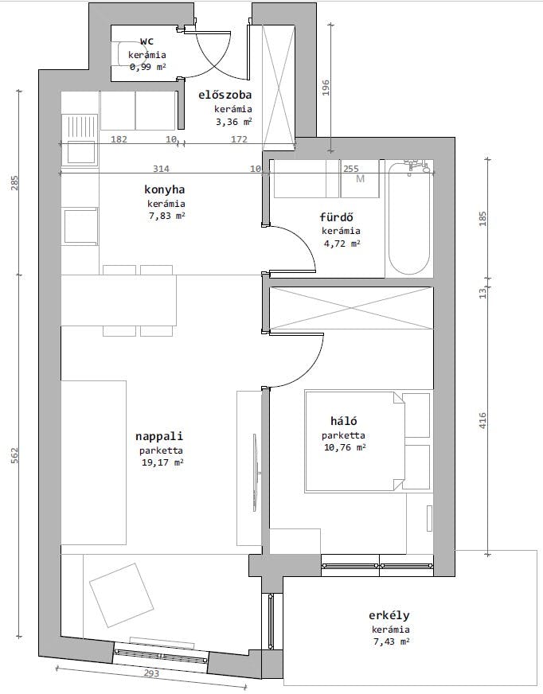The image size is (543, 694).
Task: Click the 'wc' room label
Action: point(146,41)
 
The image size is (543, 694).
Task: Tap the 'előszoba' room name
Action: point(225,96)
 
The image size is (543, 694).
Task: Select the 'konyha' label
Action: point(165,190)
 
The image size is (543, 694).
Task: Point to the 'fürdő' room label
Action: point(337,217)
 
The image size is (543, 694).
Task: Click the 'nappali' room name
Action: point(159,436)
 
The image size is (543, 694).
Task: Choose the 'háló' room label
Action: point(343,422)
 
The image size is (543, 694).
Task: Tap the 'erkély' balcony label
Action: point(389,616)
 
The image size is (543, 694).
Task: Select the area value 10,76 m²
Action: point(343,448)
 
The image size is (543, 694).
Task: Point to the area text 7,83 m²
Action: point(166,216)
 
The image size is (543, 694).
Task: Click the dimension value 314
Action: point(162,169)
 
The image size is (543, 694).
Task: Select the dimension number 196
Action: point(326,88)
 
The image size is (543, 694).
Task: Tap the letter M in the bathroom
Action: point(360,178)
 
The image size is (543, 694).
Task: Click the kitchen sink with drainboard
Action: point(80,140)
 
